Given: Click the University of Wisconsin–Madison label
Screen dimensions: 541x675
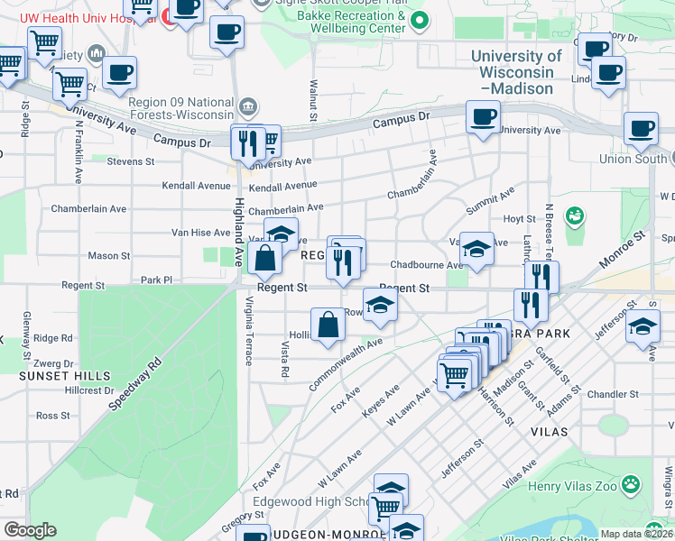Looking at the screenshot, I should pyautogui.click(x=517, y=72).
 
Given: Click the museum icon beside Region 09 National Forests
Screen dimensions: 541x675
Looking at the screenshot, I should pyautogui.click(x=246, y=108).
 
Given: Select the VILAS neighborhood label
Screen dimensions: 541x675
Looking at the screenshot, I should pyautogui.click(x=549, y=432).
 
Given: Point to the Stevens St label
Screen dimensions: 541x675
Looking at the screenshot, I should pyautogui.click(x=131, y=162).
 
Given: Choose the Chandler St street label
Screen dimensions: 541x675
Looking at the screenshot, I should pyautogui.click(x=613, y=395).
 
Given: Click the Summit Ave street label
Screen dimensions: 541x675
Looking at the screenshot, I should pyautogui.click(x=490, y=201).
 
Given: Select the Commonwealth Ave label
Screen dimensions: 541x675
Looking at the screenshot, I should pyautogui.click(x=346, y=363).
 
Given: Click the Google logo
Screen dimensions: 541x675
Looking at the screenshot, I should pyautogui.click(x=30, y=530).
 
